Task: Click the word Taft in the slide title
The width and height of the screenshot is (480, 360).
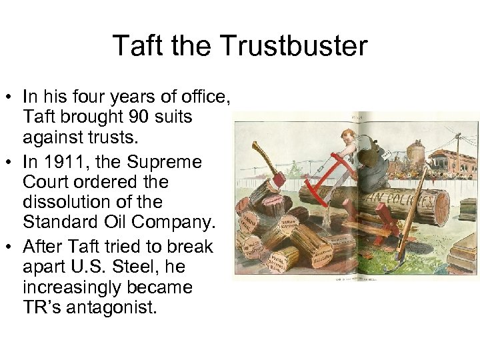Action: pos(135,46)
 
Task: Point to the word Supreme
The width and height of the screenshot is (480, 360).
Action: pos(175,161)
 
